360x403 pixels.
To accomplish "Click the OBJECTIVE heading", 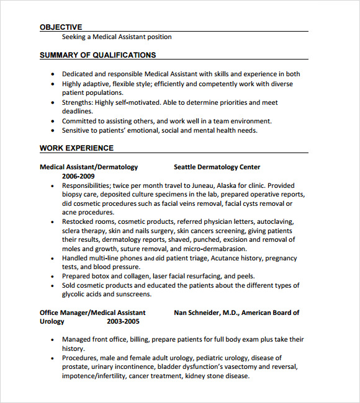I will point(61,27).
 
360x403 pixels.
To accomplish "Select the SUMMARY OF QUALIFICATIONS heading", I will point(98,55).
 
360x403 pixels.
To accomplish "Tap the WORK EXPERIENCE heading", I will point(76,148).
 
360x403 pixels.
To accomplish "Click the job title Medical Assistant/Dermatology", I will point(89,167).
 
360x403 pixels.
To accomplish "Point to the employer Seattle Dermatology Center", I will point(217,167).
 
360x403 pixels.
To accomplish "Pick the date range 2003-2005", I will point(123,322).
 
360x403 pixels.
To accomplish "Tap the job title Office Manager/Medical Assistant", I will point(92,312).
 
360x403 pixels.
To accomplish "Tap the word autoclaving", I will point(276,221).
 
